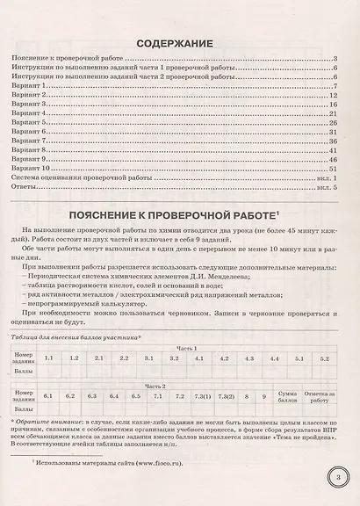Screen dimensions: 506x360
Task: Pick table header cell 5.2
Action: click(324, 358)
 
